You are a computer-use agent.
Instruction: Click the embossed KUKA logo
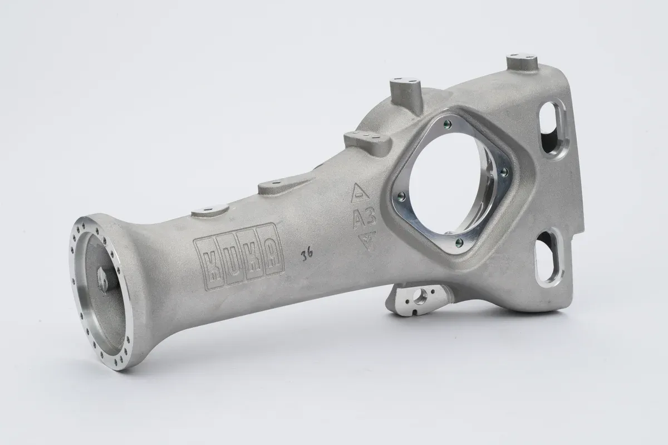tap(239, 257)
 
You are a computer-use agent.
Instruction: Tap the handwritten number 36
tap(307, 255)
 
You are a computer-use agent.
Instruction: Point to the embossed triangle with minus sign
tap(360, 193)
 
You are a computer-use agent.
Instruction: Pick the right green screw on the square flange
tap(504, 172)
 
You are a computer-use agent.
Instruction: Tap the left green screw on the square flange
tap(402, 196)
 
